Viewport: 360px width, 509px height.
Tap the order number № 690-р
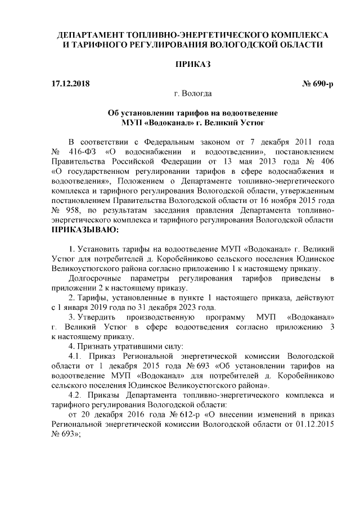pyautogui.click(x=318, y=84)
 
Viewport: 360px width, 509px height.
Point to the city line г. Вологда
pyautogui.click(x=192, y=93)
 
